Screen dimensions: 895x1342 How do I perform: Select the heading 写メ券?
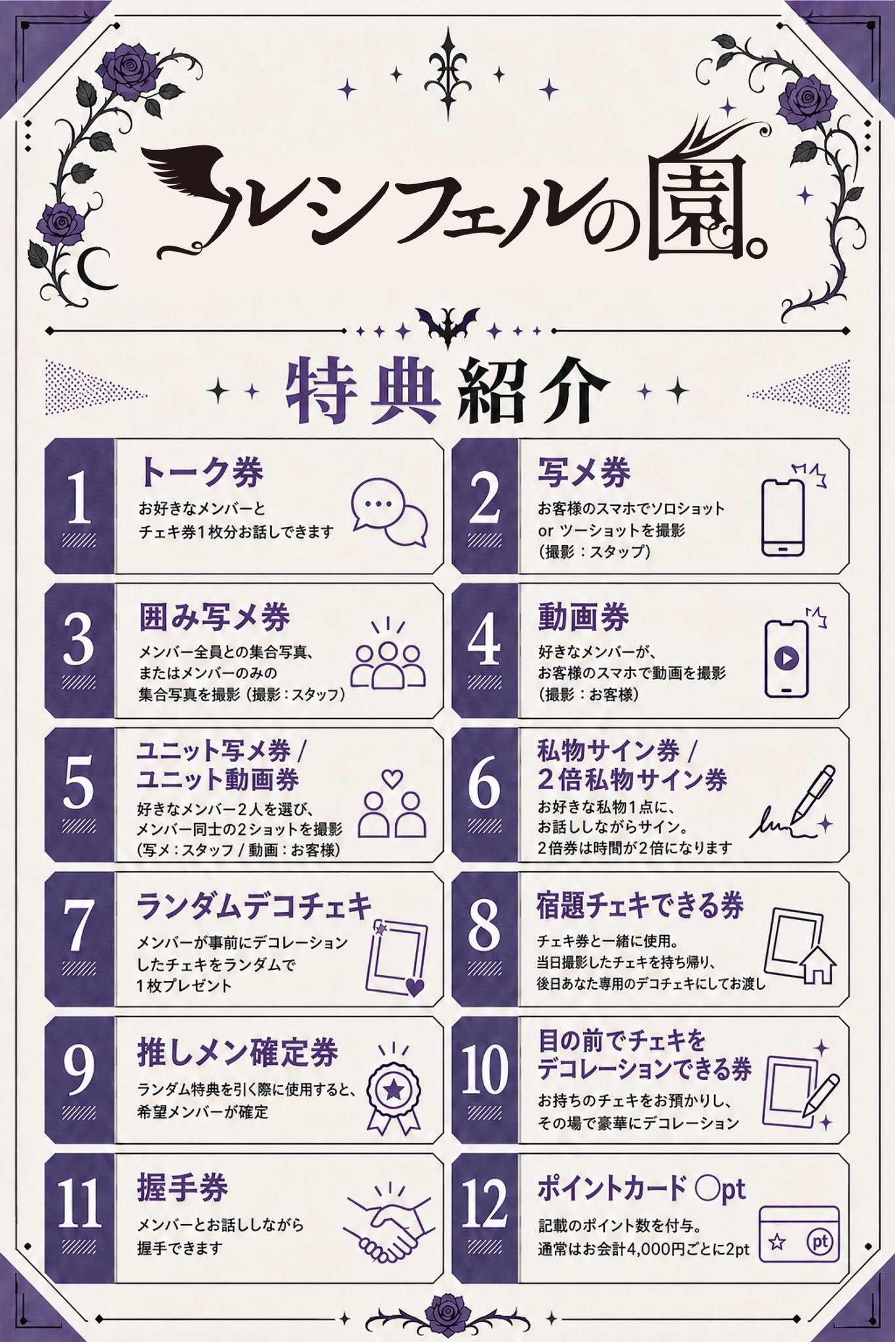584,472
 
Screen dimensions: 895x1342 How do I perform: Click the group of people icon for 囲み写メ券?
389,656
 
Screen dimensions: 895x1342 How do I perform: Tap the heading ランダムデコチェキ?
254,908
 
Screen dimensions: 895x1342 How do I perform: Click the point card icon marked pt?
799,1237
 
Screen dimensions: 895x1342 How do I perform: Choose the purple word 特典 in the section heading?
362,391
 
